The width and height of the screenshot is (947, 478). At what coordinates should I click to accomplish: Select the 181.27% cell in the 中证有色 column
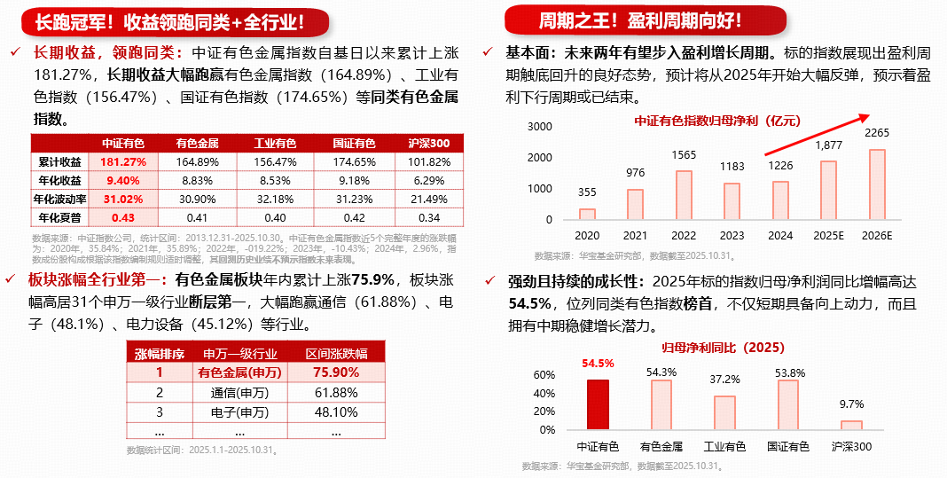pyautogui.click(x=122, y=162)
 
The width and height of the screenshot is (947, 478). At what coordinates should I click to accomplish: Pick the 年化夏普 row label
pyautogui.click(x=59, y=217)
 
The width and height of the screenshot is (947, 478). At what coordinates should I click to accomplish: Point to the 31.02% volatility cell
pyautogui.click(x=122, y=199)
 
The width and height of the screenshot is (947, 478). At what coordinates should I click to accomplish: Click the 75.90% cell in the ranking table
pyautogui.click(x=336, y=372)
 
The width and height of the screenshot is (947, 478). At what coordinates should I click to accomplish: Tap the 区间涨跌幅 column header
pyautogui.click(x=336, y=353)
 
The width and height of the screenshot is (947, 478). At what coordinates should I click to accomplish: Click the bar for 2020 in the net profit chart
pyautogui.click(x=587, y=214)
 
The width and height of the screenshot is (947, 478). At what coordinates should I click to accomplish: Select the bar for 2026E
pyautogui.click(x=876, y=184)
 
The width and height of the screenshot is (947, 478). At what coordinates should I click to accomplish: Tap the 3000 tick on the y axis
pyautogui.click(x=540, y=127)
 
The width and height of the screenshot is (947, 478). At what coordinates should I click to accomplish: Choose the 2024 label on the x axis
pyautogui.click(x=780, y=236)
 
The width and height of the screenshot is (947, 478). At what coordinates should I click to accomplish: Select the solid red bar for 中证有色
pyautogui.click(x=599, y=405)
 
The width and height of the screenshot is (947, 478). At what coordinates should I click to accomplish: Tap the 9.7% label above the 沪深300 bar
pyautogui.click(x=851, y=404)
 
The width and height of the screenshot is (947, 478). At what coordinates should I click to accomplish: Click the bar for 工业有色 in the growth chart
pyautogui.click(x=725, y=412)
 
